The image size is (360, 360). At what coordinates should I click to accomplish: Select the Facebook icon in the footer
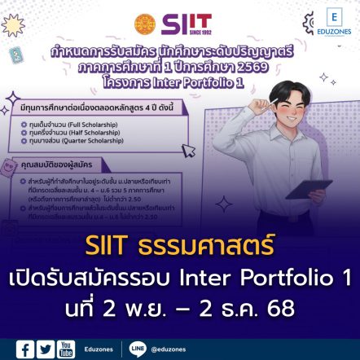[x=26, y=349]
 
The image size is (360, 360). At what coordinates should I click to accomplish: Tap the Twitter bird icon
[x=46, y=349]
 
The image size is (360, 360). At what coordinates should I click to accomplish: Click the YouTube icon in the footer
[x=67, y=349]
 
